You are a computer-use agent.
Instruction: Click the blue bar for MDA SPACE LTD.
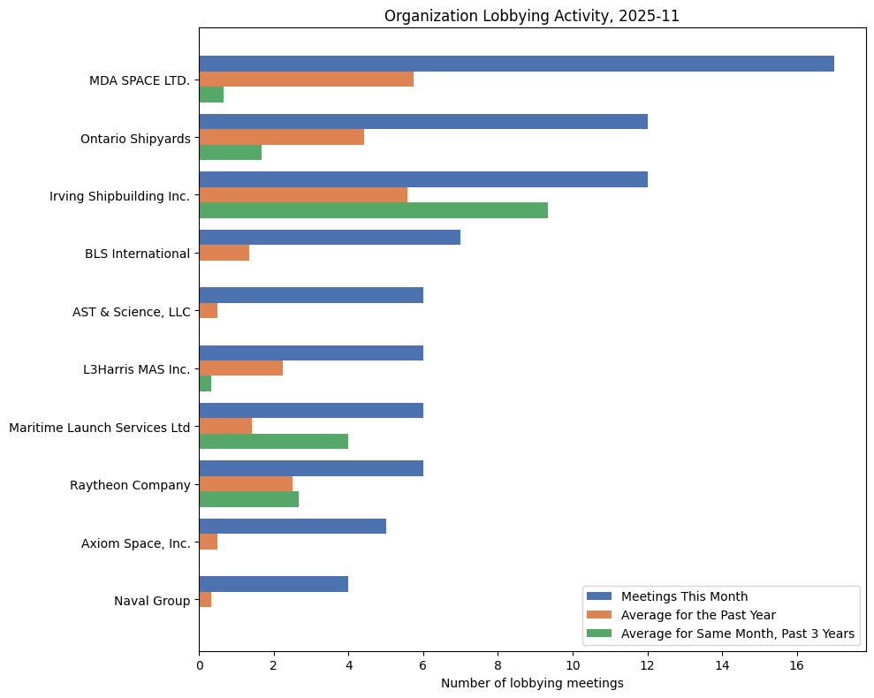[x=516, y=64]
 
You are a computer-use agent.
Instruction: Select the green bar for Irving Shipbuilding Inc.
[x=373, y=210]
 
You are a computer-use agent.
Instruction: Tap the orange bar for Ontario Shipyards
[x=281, y=137]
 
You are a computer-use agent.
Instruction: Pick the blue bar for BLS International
[x=330, y=238]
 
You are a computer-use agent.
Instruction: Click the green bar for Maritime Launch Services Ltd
[x=273, y=442]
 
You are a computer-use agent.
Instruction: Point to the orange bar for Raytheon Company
[x=246, y=484]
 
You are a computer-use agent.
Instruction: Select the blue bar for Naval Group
[x=273, y=584]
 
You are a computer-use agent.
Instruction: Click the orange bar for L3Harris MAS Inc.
[x=240, y=368]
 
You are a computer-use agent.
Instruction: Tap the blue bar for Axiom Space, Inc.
[x=293, y=527]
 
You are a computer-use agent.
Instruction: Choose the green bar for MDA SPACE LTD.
[x=211, y=95]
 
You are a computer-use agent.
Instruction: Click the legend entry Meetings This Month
[x=685, y=596]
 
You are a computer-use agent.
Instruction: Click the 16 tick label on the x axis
[x=796, y=665]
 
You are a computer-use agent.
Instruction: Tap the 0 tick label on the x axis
[x=200, y=665]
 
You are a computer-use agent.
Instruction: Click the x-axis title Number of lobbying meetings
[x=532, y=683]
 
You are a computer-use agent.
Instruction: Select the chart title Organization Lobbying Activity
[x=532, y=16]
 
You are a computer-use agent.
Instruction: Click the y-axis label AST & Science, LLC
[x=132, y=311]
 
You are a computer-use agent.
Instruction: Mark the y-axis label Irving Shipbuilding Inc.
[x=119, y=195]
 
